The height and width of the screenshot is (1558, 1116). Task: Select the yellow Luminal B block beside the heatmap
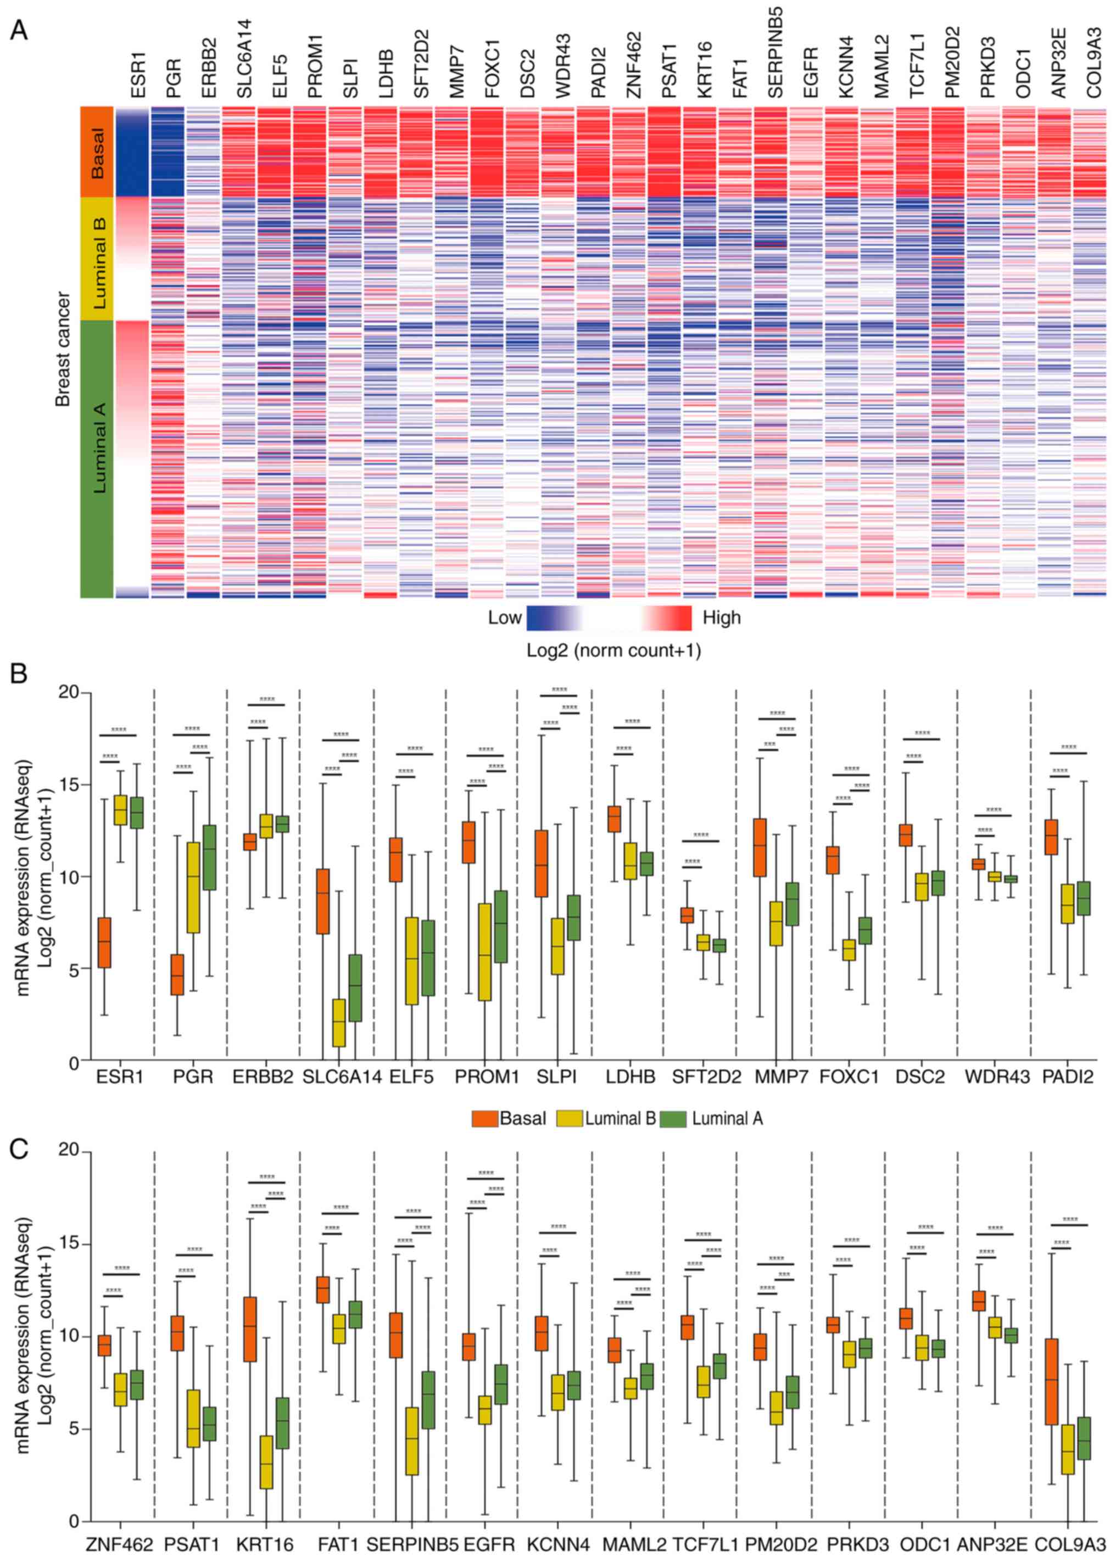pos(96,258)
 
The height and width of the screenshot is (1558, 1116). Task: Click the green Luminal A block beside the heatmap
pos(96,458)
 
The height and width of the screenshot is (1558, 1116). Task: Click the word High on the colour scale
pos(722,618)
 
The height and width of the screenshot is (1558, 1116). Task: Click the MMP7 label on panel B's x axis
pos(777,1077)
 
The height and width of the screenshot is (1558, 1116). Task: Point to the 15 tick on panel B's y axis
pos(69,784)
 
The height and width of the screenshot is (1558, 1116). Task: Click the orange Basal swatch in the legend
pos(484,1119)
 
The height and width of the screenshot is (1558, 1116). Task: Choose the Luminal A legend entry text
pos(727,1119)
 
